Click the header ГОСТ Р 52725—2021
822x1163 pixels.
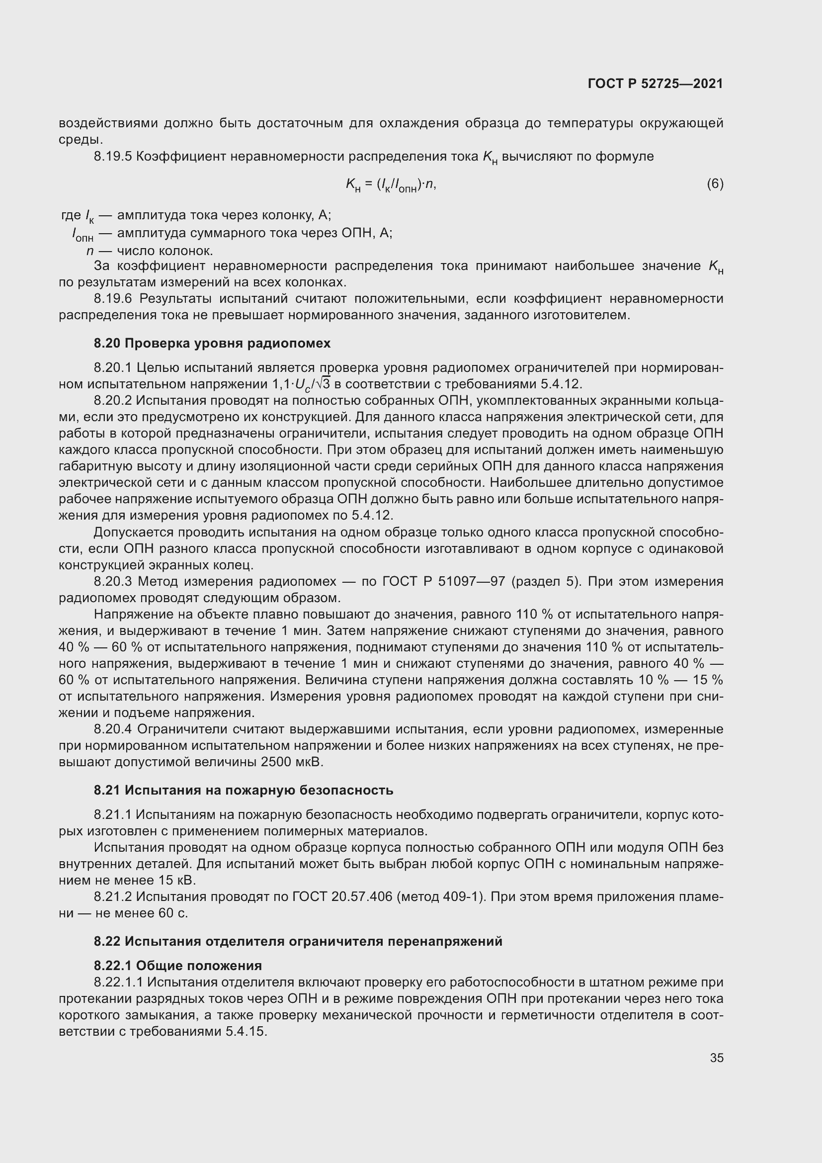point(655,84)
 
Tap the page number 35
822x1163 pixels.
point(716,1058)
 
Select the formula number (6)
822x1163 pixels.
point(715,183)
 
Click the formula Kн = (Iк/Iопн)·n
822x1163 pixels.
point(390,185)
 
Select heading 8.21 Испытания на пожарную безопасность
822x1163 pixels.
point(243,790)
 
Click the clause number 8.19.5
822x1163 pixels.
point(113,157)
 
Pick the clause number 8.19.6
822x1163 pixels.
point(113,298)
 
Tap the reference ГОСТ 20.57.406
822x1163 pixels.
point(342,896)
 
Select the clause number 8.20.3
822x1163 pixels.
point(113,582)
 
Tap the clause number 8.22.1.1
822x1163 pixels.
point(119,982)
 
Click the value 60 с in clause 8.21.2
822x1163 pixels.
point(173,913)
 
